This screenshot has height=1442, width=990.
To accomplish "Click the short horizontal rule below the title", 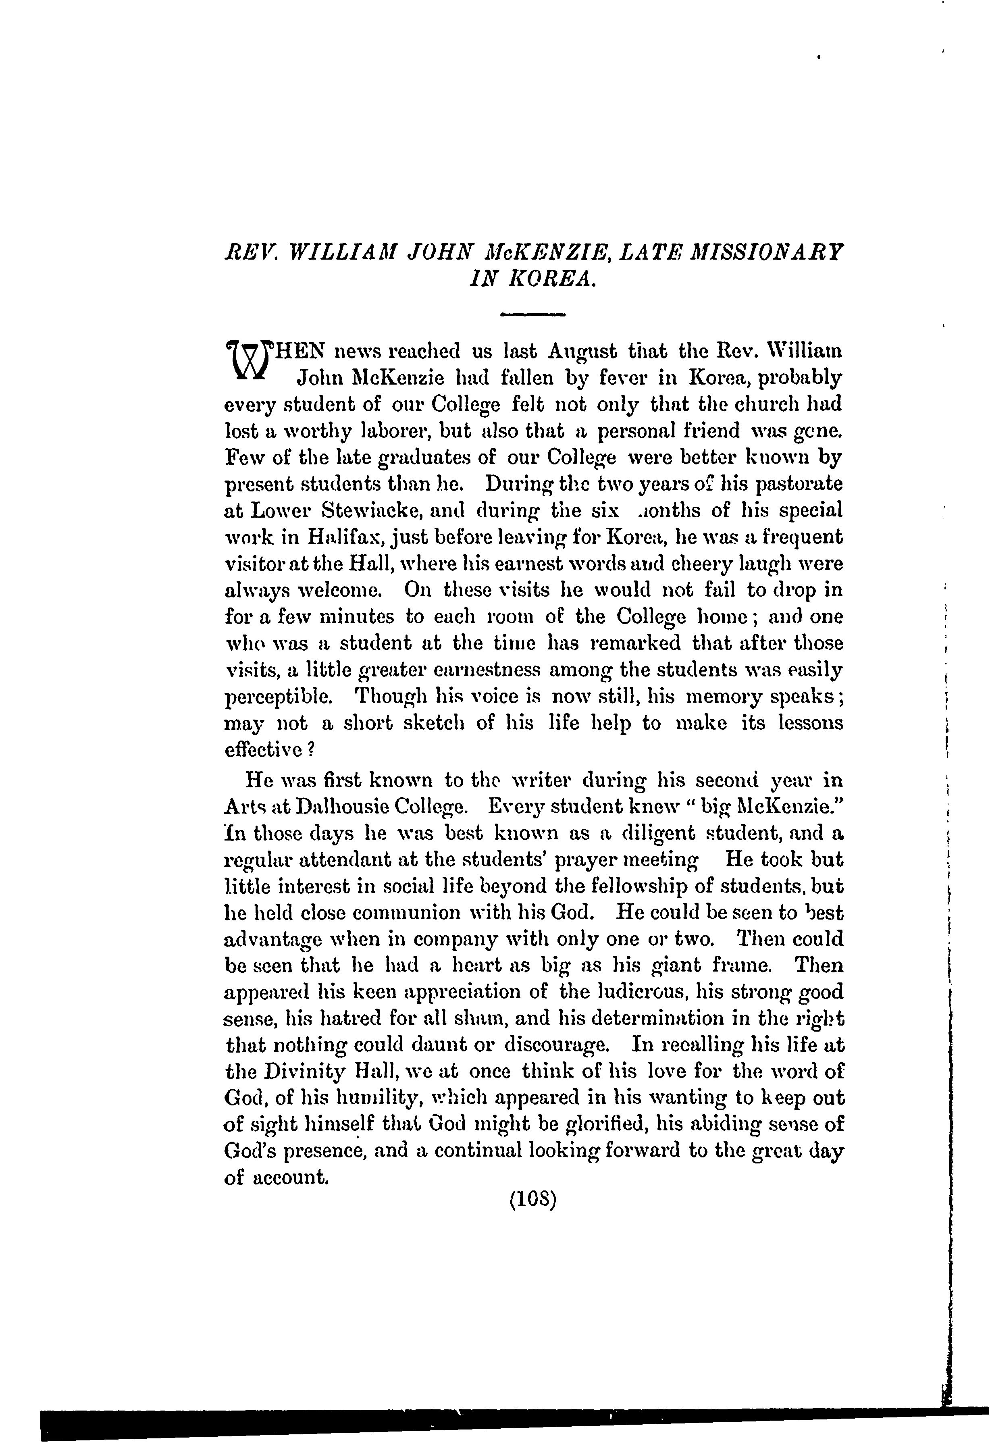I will (532, 315).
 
